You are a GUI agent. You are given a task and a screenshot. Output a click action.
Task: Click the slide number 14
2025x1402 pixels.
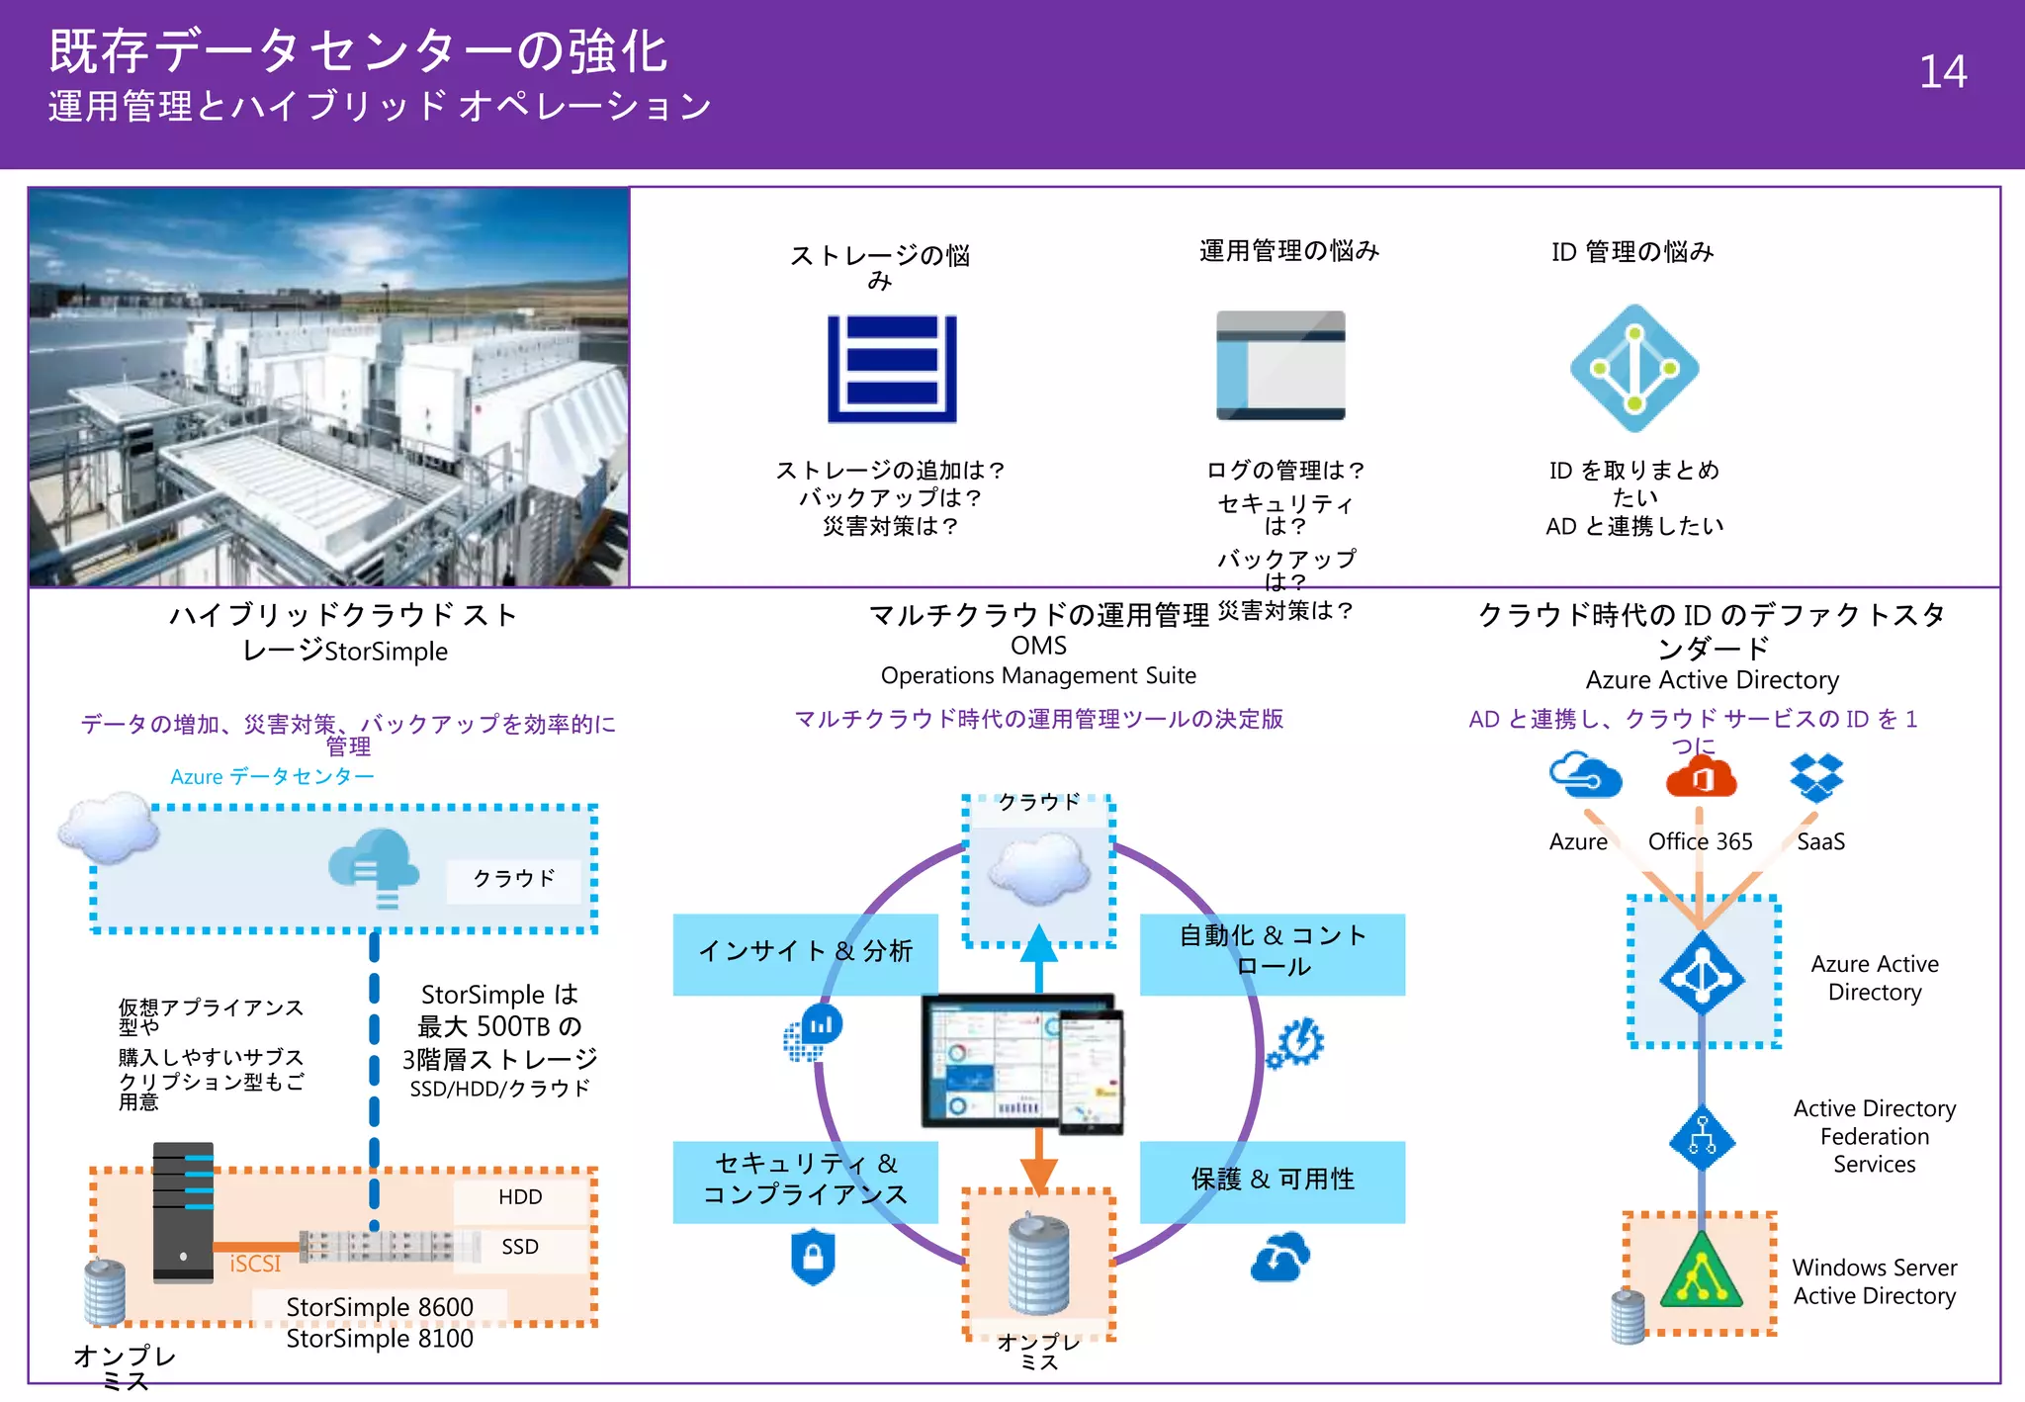point(1942,72)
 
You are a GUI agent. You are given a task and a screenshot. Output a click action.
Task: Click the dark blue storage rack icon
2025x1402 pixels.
point(892,368)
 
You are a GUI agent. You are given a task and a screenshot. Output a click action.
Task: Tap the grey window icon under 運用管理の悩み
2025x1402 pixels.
point(1280,366)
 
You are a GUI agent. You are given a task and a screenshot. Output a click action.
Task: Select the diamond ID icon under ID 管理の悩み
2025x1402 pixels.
point(1634,369)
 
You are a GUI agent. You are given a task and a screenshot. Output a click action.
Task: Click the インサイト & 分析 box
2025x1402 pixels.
point(804,952)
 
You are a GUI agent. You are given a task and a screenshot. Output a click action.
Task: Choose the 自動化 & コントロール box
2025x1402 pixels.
point(1273,952)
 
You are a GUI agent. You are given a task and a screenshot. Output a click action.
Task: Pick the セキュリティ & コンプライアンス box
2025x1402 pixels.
point(804,1180)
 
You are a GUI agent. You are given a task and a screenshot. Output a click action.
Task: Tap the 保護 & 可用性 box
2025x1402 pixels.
point(1273,1180)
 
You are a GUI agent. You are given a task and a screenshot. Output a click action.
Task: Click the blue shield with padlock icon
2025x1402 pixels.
point(813,1257)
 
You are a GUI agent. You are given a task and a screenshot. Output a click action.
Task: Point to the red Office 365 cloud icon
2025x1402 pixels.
point(1700,777)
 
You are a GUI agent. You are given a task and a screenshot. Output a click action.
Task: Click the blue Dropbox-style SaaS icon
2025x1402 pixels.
point(1816,777)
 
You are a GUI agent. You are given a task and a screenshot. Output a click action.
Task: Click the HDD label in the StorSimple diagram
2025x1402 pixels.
point(520,1197)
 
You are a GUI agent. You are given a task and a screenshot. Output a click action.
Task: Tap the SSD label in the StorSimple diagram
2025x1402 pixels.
point(520,1247)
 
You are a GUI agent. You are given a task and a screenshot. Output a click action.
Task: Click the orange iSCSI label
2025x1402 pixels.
point(255,1265)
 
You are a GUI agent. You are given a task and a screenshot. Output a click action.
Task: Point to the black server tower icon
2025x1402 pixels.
point(184,1211)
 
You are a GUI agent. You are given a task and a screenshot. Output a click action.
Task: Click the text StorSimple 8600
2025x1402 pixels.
point(380,1307)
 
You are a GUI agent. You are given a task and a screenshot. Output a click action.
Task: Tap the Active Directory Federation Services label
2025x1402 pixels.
point(1874,1136)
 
